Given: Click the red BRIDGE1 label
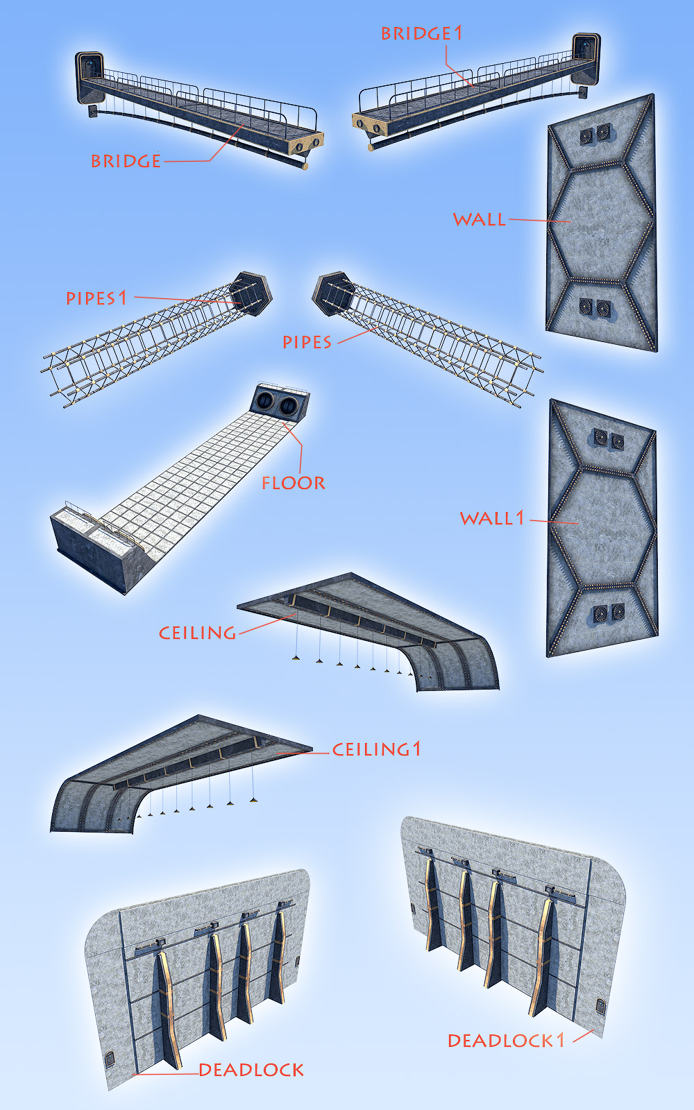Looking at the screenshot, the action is pyautogui.click(x=422, y=33).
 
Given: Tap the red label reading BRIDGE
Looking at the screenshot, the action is pyautogui.click(x=126, y=161).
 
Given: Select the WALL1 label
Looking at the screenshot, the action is pyautogui.click(x=492, y=518).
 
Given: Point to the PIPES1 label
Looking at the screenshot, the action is pyautogui.click(x=96, y=298).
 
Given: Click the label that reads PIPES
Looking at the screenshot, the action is pyautogui.click(x=307, y=342).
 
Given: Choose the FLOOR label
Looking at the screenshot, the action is pyautogui.click(x=294, y=483).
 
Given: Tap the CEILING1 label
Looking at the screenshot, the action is pyautogui.click(x=376, y=749).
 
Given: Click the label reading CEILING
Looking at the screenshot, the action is pyautogui.click(x=197, y=633).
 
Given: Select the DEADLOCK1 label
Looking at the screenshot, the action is pyautogui.click(x=506, y=1041).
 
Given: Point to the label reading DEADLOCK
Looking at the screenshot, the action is pyautogui.click(x=251, y=1070).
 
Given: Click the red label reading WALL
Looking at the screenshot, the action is pyautogui.click(x=480, y=219).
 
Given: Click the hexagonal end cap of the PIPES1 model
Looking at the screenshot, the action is pyautogui.click(x=251, y=293).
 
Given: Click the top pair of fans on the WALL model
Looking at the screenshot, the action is pyautogui.click(x=595, y=134).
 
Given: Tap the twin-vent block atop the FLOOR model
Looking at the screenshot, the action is pyautogui.click(x=280, y=403).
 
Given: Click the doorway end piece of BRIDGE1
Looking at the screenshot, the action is pyautogui.click(x=586, y=58).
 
